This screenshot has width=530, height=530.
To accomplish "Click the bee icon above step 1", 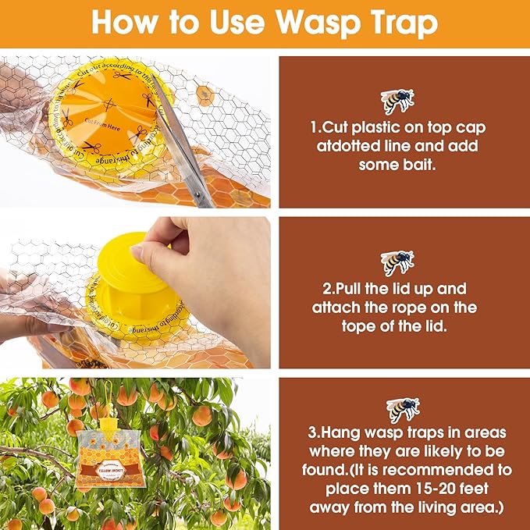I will [x=397, y=100].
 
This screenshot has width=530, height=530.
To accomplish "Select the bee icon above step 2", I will [x=397, y=261].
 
